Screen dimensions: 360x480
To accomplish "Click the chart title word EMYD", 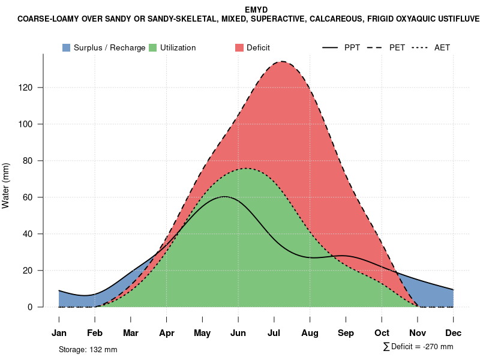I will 256,10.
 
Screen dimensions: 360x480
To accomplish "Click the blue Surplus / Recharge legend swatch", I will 67,47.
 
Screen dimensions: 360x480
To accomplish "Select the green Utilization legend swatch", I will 153,47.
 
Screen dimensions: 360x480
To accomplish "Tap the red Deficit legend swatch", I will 239,47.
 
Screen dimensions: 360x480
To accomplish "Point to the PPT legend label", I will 352,48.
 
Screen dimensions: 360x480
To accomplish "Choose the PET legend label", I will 397,48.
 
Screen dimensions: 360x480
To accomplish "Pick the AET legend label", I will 442,48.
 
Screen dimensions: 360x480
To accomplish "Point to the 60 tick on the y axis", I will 35,197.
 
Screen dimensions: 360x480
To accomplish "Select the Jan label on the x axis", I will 59,333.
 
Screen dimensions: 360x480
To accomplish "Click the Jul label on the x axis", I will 274,333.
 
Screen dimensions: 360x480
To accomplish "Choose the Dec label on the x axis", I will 454,333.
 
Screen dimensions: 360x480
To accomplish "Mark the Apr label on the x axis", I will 167,333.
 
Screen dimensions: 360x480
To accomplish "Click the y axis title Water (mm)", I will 6,185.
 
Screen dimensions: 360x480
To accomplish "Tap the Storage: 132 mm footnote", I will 88,349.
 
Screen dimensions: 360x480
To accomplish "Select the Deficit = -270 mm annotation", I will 418,347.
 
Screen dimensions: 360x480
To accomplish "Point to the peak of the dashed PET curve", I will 281,61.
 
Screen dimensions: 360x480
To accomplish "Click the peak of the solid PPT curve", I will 224,196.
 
